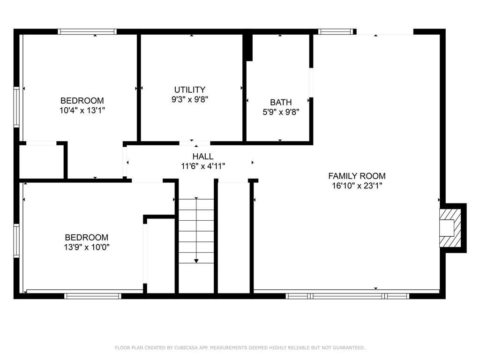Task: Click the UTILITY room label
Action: coord(190,90)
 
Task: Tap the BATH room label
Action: coord(281,102)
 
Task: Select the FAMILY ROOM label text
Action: coord(357,176)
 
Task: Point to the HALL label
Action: coord(203,157)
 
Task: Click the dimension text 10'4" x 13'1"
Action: coord(82,110)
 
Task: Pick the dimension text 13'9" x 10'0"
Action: coord(87,247)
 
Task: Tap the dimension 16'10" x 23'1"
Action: coord(357,186)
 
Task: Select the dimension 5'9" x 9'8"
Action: coord(281,112)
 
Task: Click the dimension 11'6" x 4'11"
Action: coord(203,166)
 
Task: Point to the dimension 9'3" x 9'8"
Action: coord(190,99)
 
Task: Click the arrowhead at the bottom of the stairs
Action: coord(196,261)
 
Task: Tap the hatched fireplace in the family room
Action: coord(450,228)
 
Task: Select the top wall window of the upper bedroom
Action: coord(87,31)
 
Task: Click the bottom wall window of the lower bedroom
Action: coord(93,296)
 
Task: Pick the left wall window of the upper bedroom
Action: coord(16,107)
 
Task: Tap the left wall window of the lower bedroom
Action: coord(16,241)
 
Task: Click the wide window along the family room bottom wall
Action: coord(347,296)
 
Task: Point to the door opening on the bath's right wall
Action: coord(311,82)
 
